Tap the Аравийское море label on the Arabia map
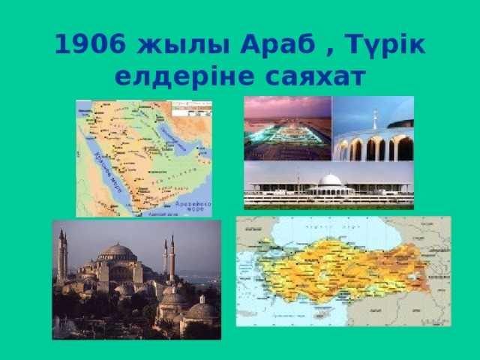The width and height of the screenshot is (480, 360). (192, 206)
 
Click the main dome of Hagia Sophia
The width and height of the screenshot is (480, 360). (118, 251)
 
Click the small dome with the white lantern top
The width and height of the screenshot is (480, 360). (201, 307)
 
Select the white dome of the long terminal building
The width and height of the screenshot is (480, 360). (331, 180)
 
